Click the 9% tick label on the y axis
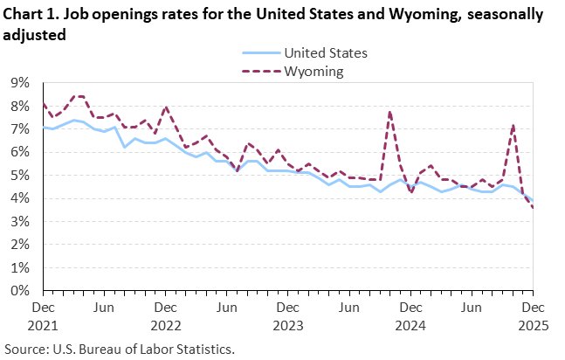pos(19,83)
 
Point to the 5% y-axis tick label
pos(19,176)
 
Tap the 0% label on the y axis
pos(19,291)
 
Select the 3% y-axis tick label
pos(19,222)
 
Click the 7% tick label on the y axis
pos(19,129)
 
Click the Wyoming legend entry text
pos(314,71)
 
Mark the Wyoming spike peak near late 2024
pos(389,111)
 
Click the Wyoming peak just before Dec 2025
pos(513,124)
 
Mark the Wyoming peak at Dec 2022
pos(166,107)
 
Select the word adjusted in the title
pos(35,35)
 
